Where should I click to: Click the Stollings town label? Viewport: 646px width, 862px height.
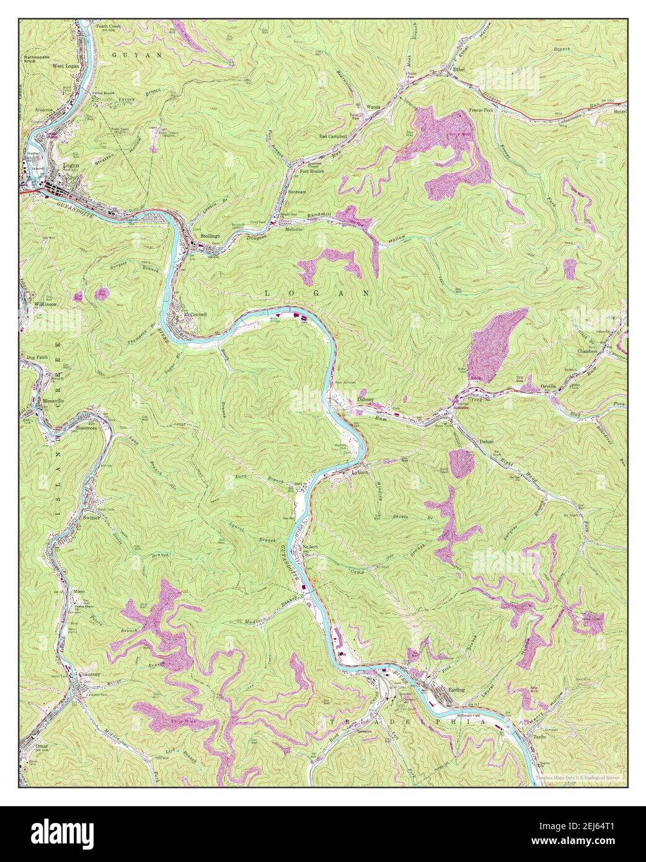(x=210, y=236)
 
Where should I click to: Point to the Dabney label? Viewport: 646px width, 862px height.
(x=366, y=400)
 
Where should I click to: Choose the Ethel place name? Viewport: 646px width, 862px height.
(x=459, y=69)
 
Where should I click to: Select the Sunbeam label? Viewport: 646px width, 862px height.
(x=296, y=192)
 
